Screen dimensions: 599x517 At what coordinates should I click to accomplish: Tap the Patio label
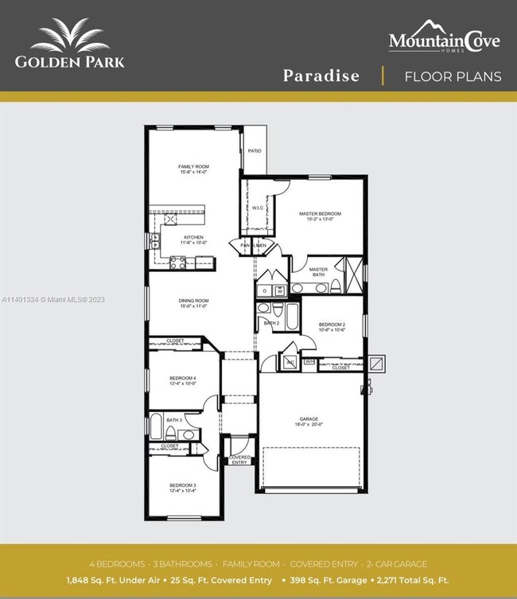[x=255, y=150]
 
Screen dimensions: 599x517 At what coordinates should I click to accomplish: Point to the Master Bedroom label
[x=320, y=214]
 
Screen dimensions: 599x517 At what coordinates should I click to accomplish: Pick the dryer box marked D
[x=265, y=291]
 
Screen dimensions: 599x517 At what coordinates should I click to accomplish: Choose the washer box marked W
[x=279, y=291]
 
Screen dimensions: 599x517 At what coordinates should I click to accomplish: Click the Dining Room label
[x=193, y=301]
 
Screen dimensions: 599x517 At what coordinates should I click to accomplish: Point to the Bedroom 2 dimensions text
[x=332, y=330]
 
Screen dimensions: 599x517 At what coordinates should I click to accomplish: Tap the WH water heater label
[x=309, y=362]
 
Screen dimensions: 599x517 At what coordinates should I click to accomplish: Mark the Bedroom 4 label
[x=182, y=378]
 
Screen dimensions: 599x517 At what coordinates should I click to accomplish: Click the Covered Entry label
[x=239, y=460]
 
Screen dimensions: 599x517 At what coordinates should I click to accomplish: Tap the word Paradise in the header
[x=321, y=76]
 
